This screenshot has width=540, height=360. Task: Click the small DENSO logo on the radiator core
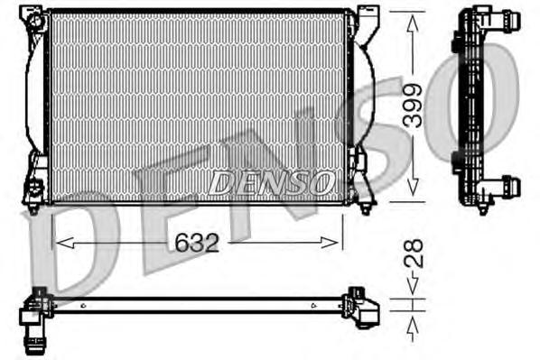point(270,183)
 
